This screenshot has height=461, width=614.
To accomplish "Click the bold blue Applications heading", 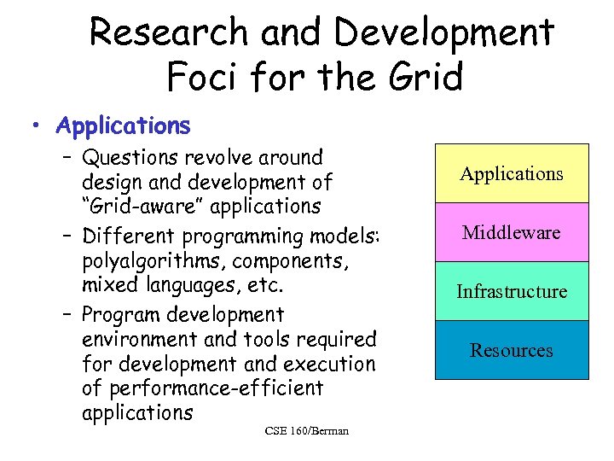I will click(123, 126).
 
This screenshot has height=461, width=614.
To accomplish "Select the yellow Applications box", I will click(512, 174).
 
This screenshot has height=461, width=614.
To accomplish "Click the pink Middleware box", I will click(512, 232).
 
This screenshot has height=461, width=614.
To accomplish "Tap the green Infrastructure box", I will click(512, 291).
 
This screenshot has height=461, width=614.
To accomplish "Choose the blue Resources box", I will click(512, 350).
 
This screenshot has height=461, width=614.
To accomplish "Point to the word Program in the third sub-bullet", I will click(121, 316).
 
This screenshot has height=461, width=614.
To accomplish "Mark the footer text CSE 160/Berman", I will click(307, 430).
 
